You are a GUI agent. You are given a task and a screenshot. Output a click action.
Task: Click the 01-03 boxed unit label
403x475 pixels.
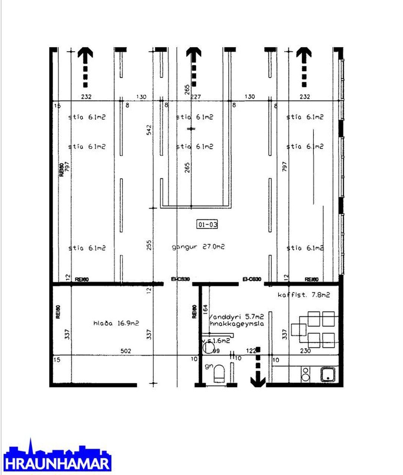point(207,224)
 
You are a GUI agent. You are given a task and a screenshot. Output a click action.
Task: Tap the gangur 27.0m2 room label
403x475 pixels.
point(198,247)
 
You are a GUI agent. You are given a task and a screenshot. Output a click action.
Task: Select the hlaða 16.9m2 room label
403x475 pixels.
point(116,323)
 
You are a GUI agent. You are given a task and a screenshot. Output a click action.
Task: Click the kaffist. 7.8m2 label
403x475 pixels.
point(304,295)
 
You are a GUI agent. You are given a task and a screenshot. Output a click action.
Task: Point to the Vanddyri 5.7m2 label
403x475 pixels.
point(236,317)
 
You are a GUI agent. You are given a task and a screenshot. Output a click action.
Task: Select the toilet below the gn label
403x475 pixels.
point(220,373)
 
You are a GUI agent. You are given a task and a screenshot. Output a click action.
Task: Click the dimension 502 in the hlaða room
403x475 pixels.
point(126,351)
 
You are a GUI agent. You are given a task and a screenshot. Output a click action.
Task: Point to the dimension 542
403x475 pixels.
point(149,130)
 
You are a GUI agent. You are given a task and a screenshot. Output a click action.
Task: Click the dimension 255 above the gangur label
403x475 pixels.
point(149,245)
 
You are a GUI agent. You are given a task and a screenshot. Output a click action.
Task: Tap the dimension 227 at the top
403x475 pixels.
point(196,97)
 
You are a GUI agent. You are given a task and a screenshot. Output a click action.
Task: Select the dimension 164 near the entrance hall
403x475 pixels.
point(205,310)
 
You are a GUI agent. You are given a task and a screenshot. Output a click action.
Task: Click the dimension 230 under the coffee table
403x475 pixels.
point(305,351)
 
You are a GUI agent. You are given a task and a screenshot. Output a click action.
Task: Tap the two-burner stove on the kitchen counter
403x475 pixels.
point(306,374)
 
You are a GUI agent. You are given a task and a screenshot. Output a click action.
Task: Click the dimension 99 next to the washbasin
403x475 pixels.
point(216,351)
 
